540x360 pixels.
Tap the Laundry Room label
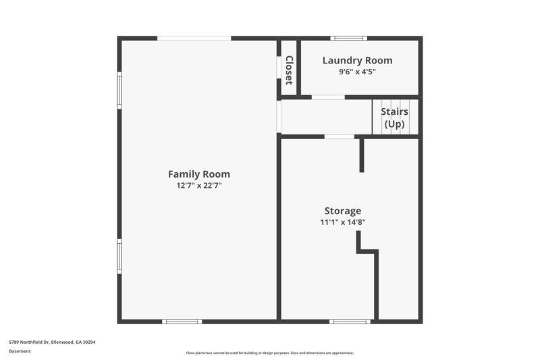(x=357, y=60)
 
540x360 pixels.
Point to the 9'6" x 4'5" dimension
(x=357, y=71)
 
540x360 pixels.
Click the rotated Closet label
(x=289, y=70)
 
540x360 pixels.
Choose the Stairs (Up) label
(x=394, y=118)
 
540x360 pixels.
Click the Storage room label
(x=342, y=211)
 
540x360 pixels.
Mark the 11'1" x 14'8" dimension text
(x=343, y=222)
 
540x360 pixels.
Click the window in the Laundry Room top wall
(x=349, y=38)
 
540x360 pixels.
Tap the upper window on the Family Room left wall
(x=119, y=91)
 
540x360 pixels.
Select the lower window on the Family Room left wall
(x=119, y=257)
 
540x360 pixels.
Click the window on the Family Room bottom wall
(x=183, y=322)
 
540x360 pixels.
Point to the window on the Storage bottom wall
(x=349, y=322)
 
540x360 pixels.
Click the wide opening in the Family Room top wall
(x=194, y=38)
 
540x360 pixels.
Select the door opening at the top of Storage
(x=339, y=137)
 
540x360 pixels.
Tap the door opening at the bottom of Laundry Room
(x=328, y=97)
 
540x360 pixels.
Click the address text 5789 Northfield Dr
(x=52, y=342)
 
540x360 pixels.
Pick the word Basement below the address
(x=20, y=351)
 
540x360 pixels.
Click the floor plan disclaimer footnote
(x=269, y=353)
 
